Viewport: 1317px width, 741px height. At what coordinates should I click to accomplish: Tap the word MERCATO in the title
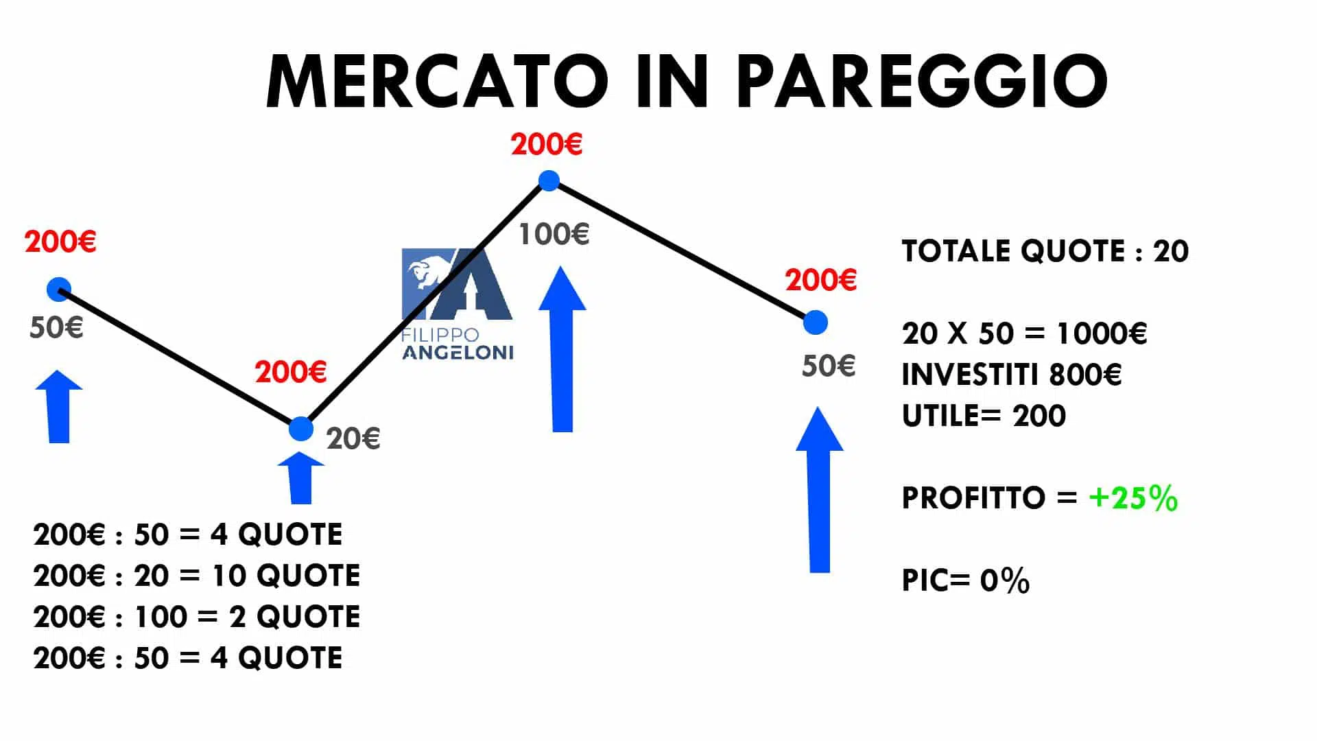pos(437,81)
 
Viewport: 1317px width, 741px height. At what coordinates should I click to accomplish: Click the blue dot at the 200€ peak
pos(549,181)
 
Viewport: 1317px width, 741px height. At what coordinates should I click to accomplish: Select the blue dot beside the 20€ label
pos(301,429)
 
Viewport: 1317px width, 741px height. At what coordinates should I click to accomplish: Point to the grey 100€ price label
pos(554,235)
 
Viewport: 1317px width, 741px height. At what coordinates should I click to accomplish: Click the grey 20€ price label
pos(353,438)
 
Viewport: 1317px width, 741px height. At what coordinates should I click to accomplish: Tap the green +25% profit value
pos(1133,498)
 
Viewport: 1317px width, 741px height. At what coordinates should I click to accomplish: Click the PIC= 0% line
pos(966,580)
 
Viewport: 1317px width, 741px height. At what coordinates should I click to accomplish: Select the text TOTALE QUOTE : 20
pos(1045,251)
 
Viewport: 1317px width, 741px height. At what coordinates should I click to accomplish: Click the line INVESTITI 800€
pos(1012,375)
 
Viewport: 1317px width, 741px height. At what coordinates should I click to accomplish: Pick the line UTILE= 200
pos(984,416)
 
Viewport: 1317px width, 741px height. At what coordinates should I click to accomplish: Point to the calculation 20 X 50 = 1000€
pos(1025,333)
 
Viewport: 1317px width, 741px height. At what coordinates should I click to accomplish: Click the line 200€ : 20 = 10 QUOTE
pos(197,576)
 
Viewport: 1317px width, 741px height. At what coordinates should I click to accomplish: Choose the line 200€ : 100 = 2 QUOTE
pos(197,617)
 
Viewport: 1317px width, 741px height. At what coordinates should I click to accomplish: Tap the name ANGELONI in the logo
pos(458,353)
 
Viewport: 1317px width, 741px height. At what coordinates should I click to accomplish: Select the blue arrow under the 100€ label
pos(562,349)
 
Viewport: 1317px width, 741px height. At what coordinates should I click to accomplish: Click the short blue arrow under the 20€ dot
pos(301,478)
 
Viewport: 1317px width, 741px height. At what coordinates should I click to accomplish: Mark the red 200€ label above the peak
pos(547,145)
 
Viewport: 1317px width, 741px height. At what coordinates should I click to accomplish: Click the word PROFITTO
pos(973,498)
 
